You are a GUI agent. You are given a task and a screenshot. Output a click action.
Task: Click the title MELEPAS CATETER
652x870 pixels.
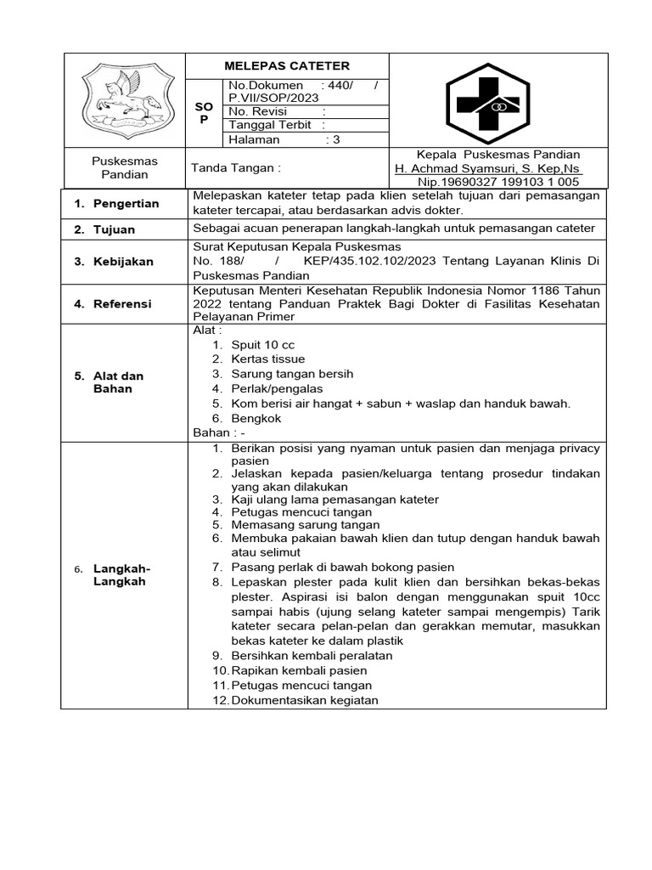(x=286, y=65)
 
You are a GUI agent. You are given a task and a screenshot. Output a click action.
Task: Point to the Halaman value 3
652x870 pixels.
(x=336, y=140)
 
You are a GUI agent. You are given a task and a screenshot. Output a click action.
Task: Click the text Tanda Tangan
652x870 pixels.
(x=235, y=167)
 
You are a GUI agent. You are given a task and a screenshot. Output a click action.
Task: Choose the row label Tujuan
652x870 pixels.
(x=115, y=229)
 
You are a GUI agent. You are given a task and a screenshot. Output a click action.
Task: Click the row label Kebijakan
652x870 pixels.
(x=124, y=262)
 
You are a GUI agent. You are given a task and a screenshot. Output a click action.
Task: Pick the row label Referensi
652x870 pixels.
(x=123, y=303)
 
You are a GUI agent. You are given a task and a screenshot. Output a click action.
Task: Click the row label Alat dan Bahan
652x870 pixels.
(x=118, y=381)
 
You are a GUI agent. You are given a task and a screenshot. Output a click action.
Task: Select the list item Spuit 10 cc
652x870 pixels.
(x=262, y=345)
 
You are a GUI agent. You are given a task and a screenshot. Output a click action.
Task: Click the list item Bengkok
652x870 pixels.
(x=256, y=418)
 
